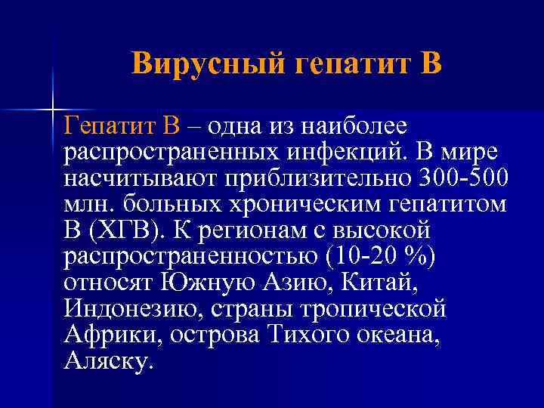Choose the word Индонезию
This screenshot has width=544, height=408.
click(124, 309)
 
